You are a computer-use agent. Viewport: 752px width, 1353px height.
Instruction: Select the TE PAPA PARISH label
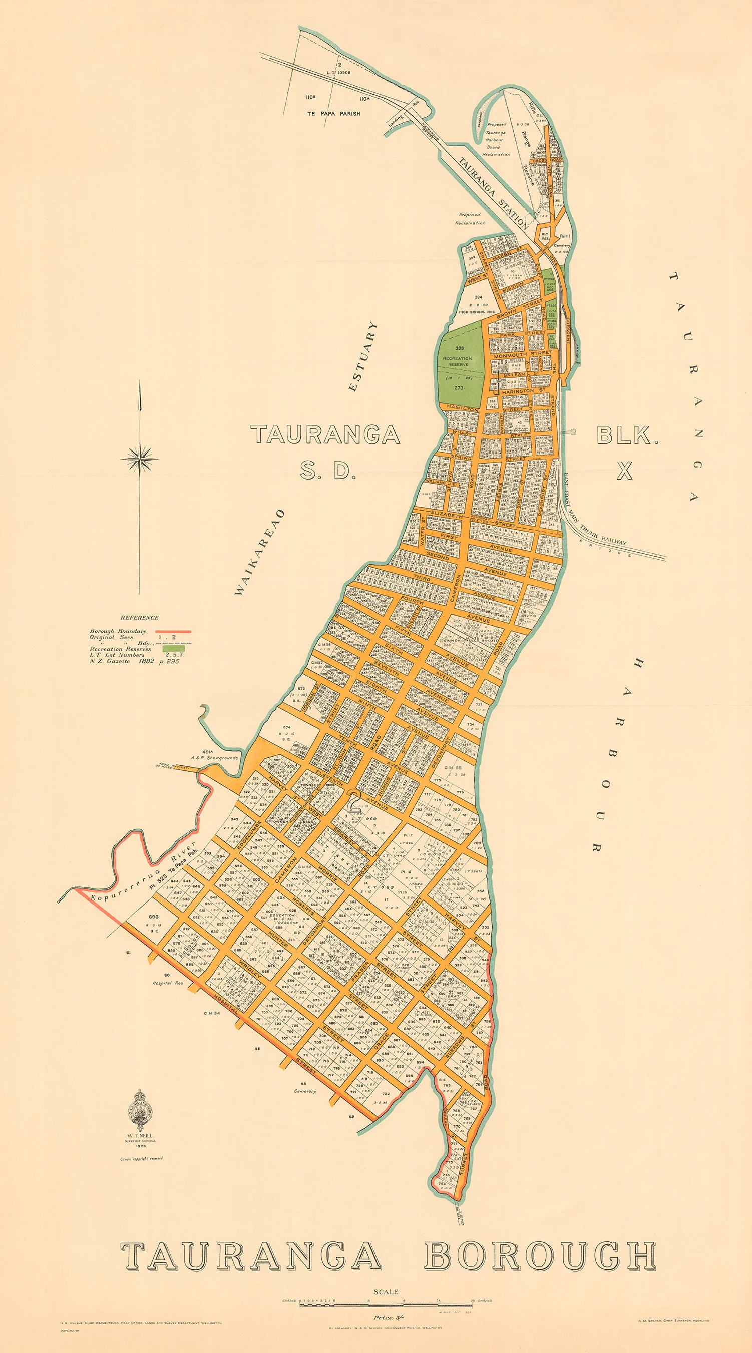pos(334,113)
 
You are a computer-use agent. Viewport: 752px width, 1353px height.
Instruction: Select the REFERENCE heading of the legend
pos(139,618)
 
